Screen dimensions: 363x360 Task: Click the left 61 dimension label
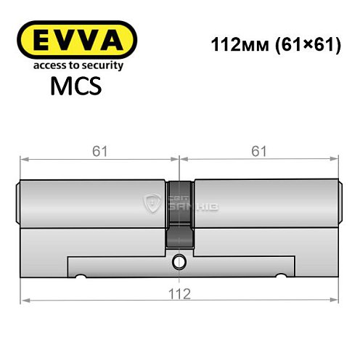pyautogui.click(x=100, y=151)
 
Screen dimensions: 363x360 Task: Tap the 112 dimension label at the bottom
pyautogui.click(x=180, y=293)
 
